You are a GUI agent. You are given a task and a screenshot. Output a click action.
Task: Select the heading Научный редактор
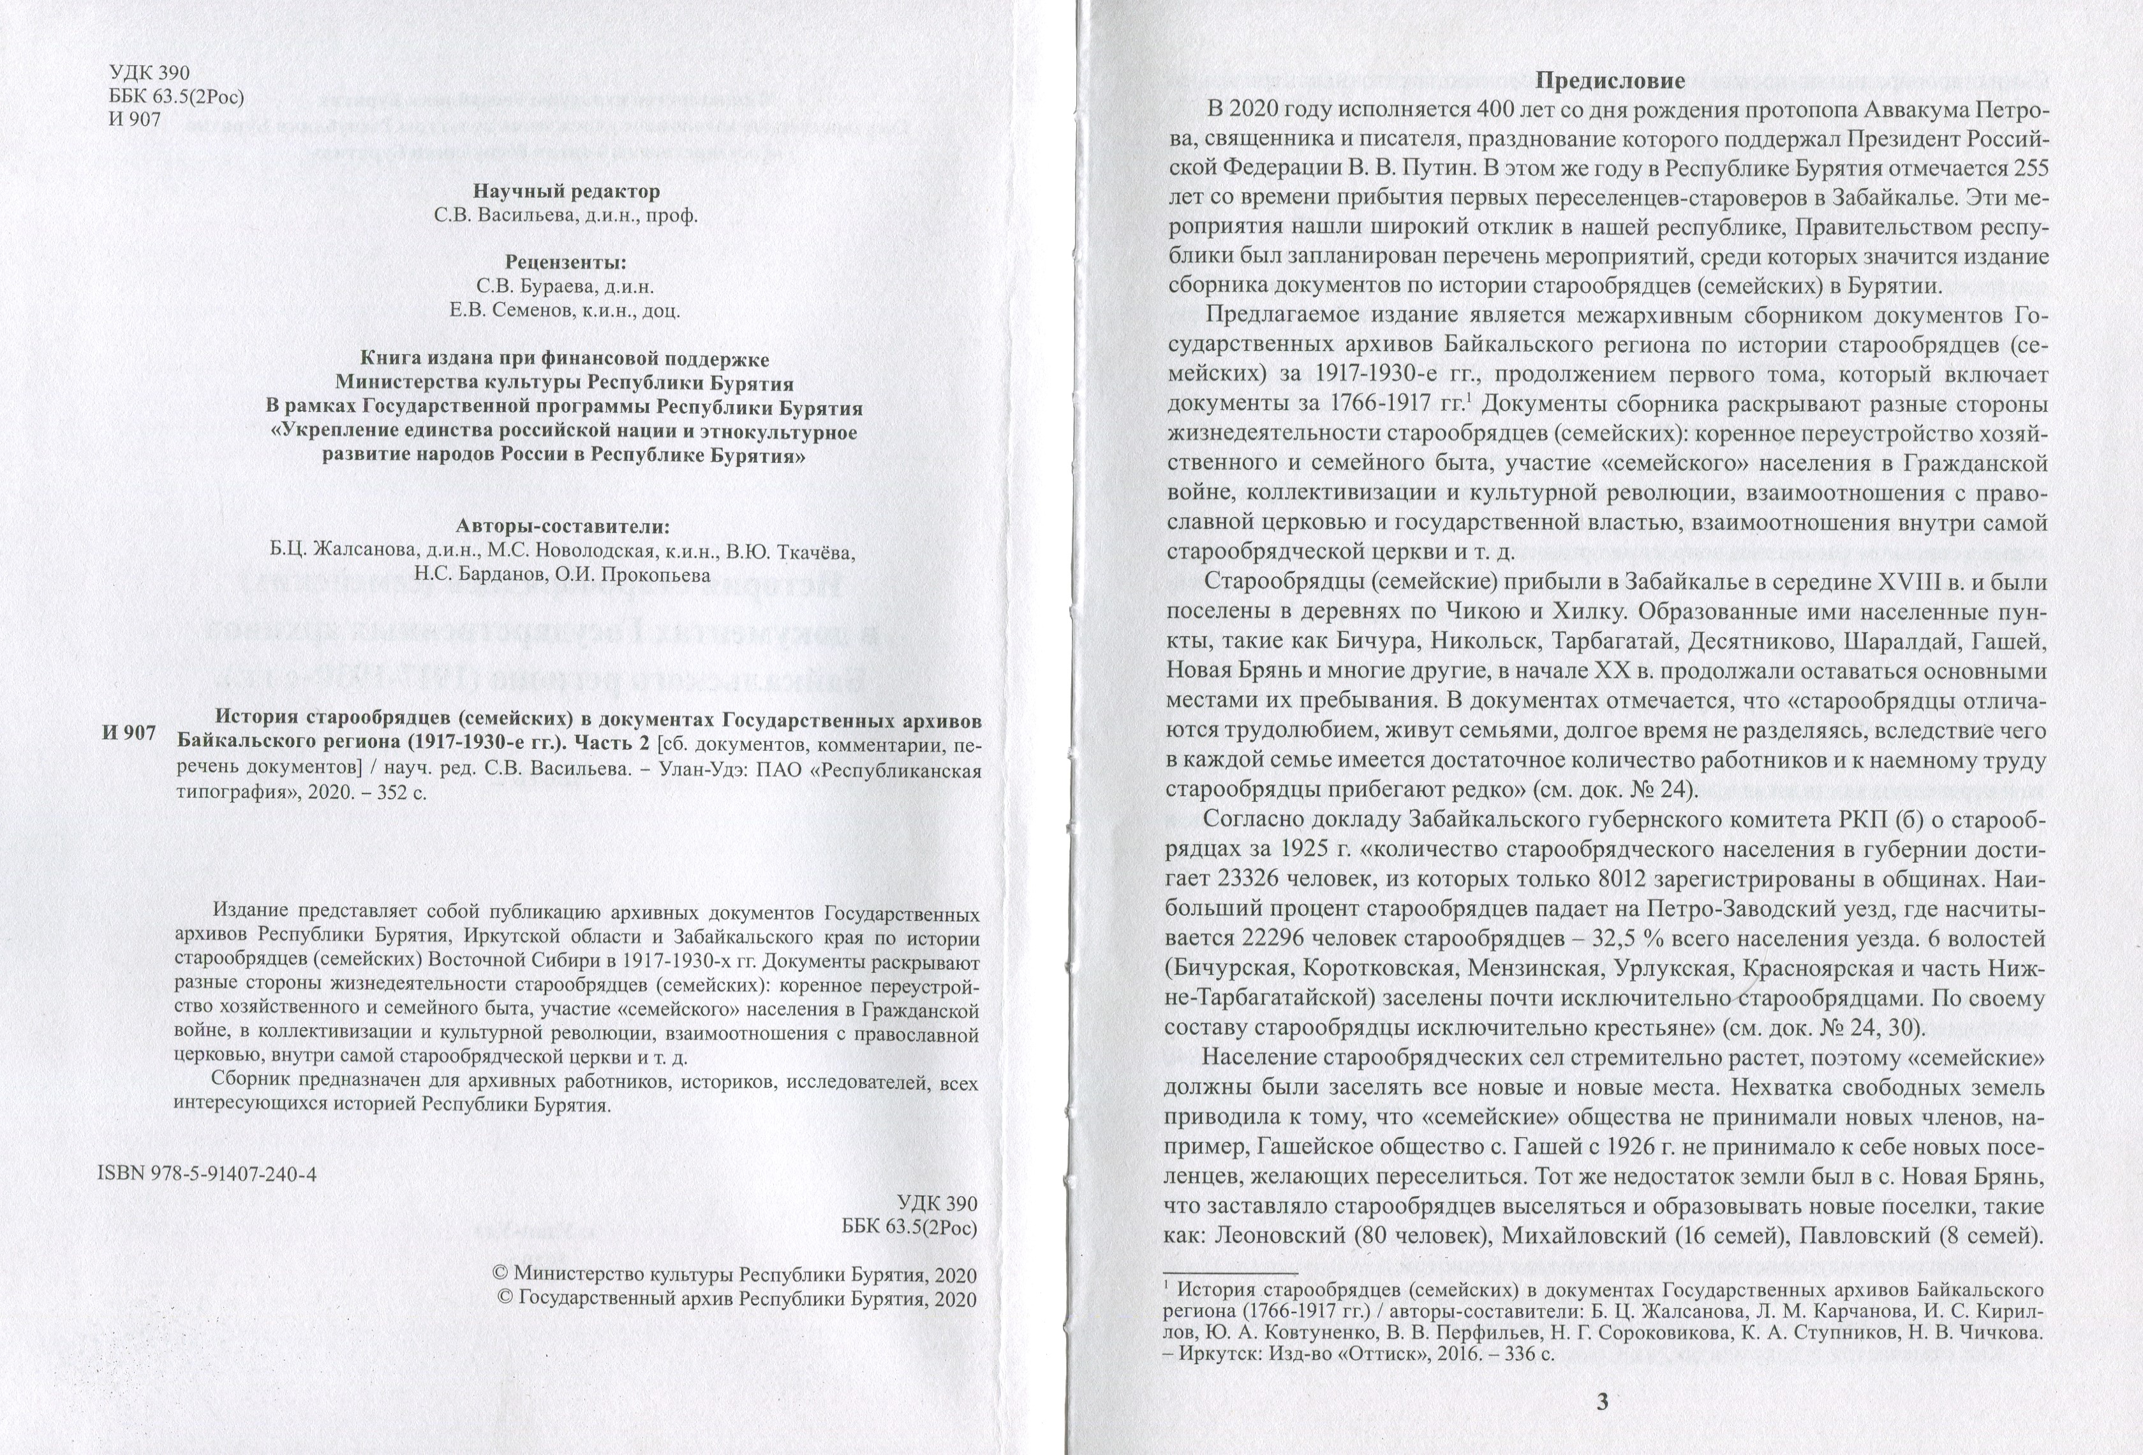(566, 192)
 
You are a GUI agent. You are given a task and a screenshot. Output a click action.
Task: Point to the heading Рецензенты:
(565, 261)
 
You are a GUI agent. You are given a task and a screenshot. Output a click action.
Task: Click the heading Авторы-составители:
(563, 527)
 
